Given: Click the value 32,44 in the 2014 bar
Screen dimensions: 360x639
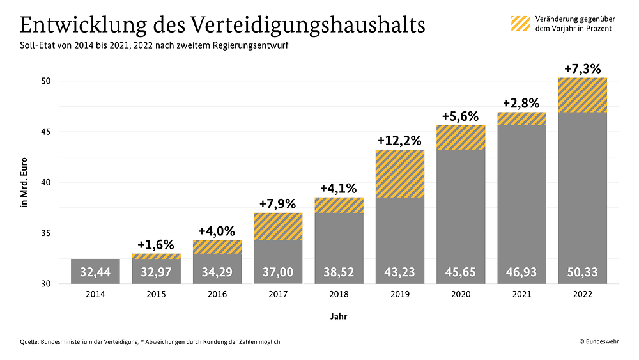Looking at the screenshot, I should click(95, 272).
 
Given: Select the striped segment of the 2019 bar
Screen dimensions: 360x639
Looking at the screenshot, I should click(400, 174).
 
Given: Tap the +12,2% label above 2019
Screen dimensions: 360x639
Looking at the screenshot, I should click(400, 140).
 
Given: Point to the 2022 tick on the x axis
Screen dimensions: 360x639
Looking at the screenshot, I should click(583, 294).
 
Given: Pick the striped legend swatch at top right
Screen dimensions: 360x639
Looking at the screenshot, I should click(521, 24).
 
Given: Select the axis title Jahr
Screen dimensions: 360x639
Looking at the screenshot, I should click(339, 316).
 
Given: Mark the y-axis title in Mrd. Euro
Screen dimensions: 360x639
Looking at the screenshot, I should click(24, 182).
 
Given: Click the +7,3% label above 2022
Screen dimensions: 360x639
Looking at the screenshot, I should click(583, 69).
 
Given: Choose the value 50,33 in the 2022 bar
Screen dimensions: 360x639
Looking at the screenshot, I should click(583, 272).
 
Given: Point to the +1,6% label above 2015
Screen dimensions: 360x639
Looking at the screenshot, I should click(156, 245).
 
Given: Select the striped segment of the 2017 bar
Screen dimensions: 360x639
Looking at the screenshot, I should click(278, 227).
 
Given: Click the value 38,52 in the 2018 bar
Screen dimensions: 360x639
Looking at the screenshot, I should click(339, 272).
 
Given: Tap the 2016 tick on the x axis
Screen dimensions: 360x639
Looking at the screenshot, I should click(217, 294).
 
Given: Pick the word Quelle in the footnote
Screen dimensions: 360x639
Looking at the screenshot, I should click(29, 342).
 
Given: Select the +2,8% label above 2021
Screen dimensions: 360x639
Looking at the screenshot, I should click(521, 103).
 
